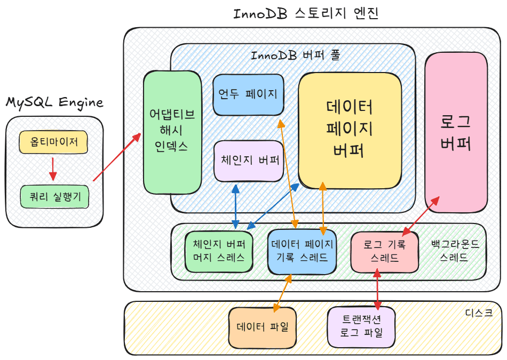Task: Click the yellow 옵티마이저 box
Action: tap(53, 142)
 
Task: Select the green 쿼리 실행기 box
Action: tap(54, 197)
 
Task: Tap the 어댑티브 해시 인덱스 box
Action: tap(172, 132)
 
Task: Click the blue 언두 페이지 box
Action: tap(248, 94)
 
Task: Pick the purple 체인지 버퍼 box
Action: tap(249, 161)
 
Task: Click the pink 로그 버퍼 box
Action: tap(456, 132)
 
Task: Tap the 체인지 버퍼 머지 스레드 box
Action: tap(219, 251)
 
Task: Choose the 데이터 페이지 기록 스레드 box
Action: tap(302, 251)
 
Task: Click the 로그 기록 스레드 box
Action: tap(384, 251)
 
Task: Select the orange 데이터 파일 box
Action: tap(262, 327)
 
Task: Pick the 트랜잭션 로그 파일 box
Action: tap(361, 326)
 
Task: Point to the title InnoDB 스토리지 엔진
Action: tap(306, 13)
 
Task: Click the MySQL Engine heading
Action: tap(54, 102)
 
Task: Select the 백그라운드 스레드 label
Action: tap(455, 251)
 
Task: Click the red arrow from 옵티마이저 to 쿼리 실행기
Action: tap(52, 168)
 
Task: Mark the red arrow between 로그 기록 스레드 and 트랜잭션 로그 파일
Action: tap(377, 289)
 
